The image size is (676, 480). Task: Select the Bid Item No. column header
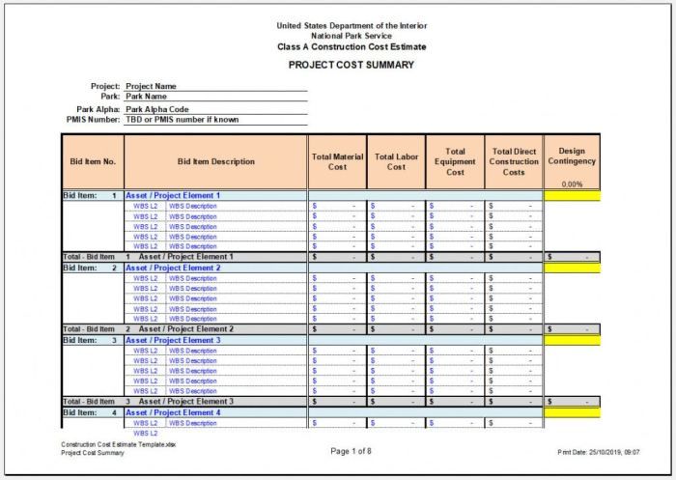93,162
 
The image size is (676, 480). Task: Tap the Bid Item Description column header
216,162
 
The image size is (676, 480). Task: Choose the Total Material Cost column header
337,161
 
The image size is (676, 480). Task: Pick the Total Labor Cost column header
396,161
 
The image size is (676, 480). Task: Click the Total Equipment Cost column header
455,161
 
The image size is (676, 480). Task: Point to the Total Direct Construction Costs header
514,161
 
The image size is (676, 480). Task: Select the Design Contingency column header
572,156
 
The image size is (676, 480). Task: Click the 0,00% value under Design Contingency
572,184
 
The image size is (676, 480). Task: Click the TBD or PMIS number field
182,120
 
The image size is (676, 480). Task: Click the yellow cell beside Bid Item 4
572,412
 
